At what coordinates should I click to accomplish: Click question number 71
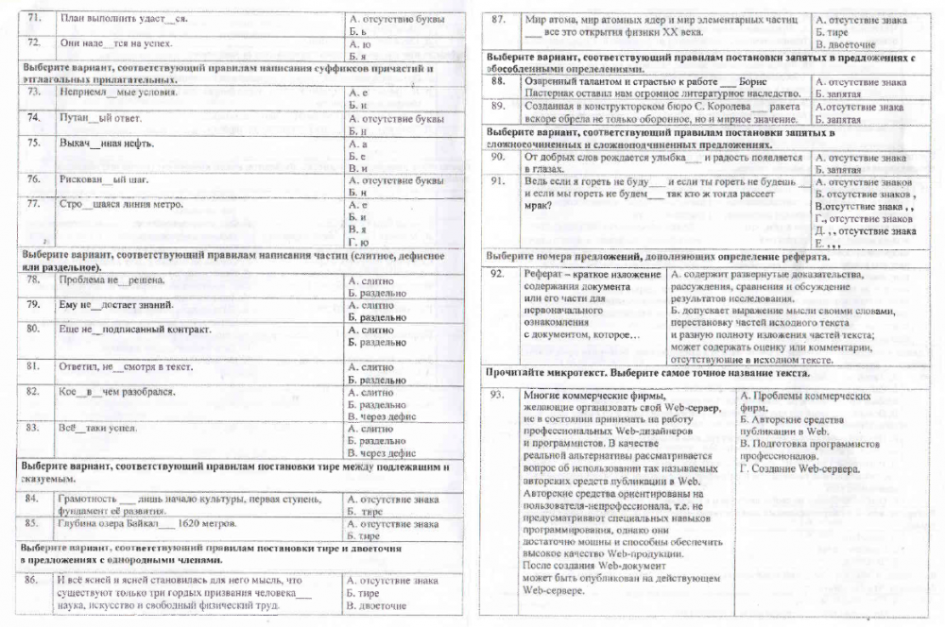pyautogui.click(x=34, y=19)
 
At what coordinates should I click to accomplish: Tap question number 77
pyautogui.click(x=34, y=204)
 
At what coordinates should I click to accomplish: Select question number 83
pyautogui.click(x=34, y=428)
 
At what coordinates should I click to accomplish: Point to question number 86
pyautogui.click(x=34, y=580)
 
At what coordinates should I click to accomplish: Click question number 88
pyautogui.click(x=500, y=82)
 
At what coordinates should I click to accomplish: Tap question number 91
pyautogui.click(x=500, y=180)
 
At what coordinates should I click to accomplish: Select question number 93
pyautogui.click(x=500, y=395)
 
